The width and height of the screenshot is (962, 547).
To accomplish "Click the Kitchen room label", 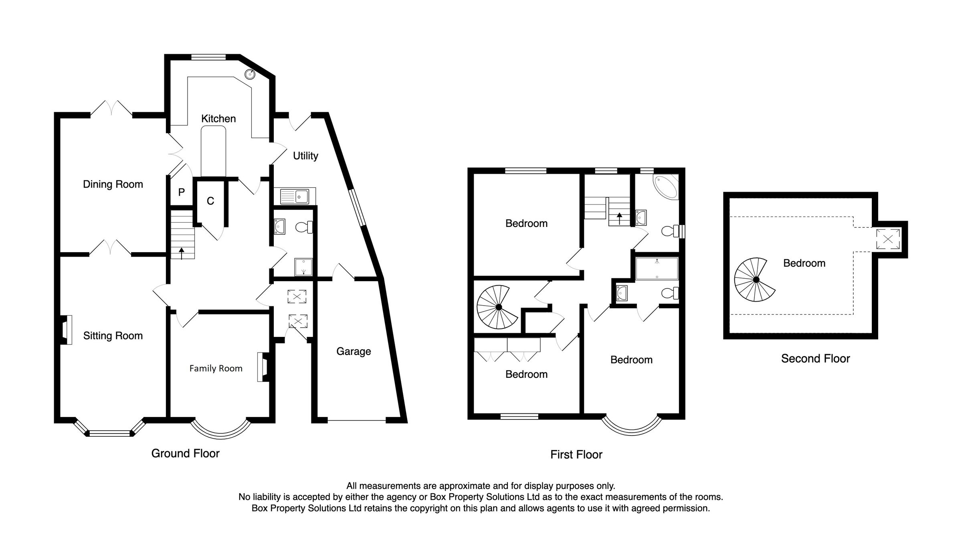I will click(218, 119).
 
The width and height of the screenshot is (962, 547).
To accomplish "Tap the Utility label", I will click(305, 156).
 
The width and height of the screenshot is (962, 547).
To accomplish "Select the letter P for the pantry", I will click(181, 192).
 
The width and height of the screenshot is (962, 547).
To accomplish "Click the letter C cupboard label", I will click(210, 201).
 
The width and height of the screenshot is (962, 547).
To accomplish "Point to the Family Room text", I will click(216, 369).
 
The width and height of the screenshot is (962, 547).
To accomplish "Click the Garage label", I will click(354, 352).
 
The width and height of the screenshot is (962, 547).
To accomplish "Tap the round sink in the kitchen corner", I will click(250, 74).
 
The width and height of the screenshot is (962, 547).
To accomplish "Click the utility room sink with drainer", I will click(295, 197).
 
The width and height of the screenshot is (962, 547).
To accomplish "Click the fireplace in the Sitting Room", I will click(66, 330).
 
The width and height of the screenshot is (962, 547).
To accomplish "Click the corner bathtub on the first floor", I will click(666, 186).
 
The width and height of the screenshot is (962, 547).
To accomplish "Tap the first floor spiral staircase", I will click(498, 307).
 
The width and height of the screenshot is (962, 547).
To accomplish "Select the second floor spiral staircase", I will click(756, 280).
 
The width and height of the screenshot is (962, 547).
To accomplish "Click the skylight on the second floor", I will click(888, 239).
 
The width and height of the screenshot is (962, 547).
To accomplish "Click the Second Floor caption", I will click(815, 359).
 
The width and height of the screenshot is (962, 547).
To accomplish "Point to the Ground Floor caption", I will click(185, 454).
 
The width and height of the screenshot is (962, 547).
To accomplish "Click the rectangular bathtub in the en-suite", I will click(657, 268).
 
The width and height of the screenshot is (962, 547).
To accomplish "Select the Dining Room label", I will click(113, 184).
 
